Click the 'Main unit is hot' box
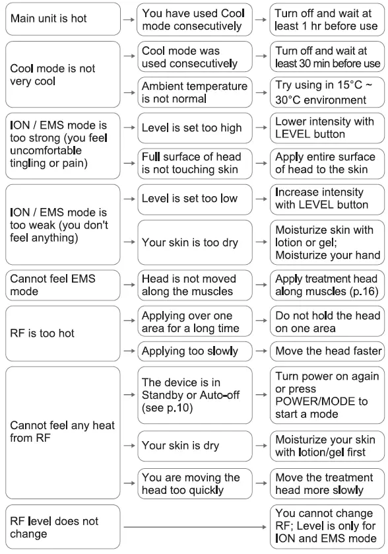click(63, 19)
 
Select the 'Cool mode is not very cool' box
click(63, 75)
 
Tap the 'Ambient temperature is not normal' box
click(195, 92)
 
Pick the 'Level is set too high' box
click(195, 128)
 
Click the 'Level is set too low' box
click(195, 199)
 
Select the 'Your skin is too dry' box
click(195, 242)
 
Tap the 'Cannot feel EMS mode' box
click(63, 285)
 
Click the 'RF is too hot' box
click(63, 333)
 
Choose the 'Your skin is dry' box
click(195, 446)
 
